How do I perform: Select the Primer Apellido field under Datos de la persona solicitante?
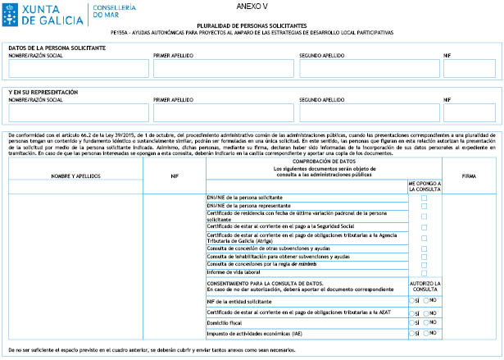pyautogui.click(x=222, y=69)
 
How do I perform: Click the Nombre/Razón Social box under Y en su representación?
pyautogui.click(x=77, y=112)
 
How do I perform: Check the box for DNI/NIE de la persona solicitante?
pyautogui.click(x=424, y=198)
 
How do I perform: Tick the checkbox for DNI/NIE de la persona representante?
pyautogui.click(x=424, y=207)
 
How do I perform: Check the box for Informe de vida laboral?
pyautogui.click(x=424, y=273)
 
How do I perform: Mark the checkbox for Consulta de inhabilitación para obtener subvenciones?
pyautogui.click(x=424, y=257)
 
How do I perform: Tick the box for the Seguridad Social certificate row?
pyautogui.click(x=424, y=226)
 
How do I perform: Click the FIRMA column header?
pyautogui.click(x=470, y=175)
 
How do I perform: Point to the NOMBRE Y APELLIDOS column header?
pyautogui.click(x=75, y=175)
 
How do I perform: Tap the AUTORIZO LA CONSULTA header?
pyautogui.click(x=424, y=286)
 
